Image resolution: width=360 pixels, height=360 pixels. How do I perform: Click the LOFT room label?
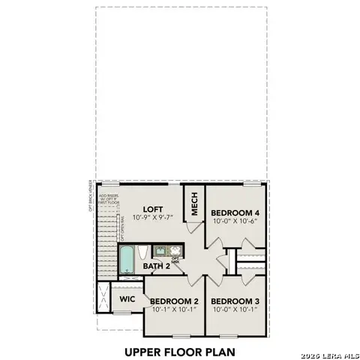153,210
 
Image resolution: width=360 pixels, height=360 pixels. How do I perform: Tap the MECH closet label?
193,205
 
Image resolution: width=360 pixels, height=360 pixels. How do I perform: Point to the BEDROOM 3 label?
234,301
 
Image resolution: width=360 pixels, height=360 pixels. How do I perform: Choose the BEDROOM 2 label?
175,301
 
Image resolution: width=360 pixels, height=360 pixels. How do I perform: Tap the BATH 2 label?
157,265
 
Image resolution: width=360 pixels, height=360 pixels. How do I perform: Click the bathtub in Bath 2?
127,259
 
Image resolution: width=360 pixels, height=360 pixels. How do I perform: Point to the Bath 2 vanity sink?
160,251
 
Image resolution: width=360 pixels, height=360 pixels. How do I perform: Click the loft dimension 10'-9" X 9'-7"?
153,218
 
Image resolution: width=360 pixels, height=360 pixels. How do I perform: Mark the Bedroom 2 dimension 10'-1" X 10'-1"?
175,309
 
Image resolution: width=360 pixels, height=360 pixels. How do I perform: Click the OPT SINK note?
175,261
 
